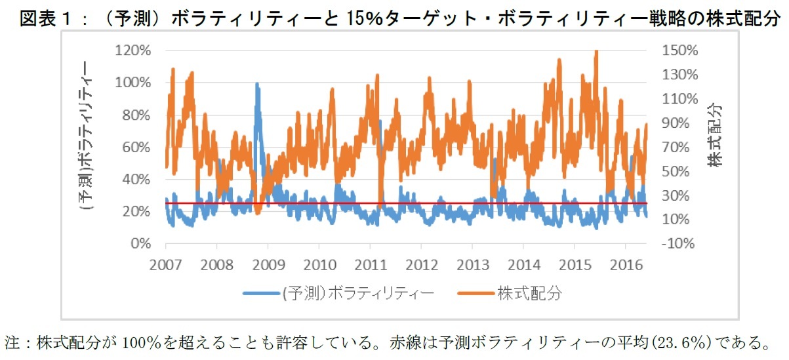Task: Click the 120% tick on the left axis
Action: tap(134, 50)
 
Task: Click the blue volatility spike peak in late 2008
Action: tap(257, 85)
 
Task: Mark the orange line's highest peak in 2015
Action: tap(596, 52)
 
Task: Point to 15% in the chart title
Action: tap(350, 19)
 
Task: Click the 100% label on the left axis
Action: tap(134, 83)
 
